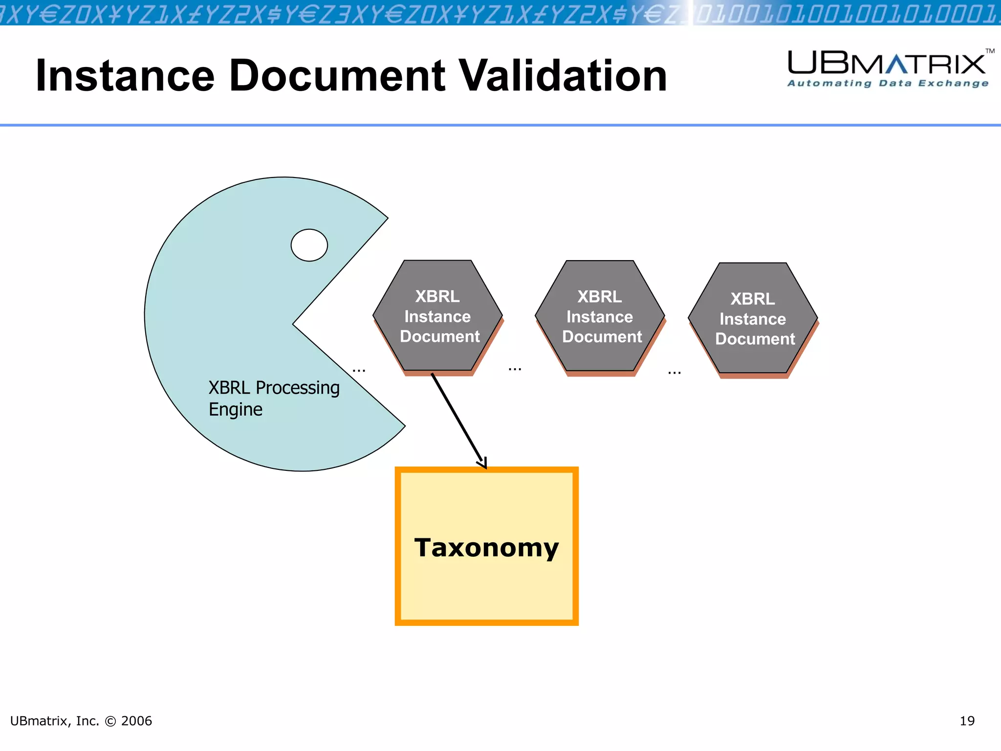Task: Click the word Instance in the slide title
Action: tap(125, 76)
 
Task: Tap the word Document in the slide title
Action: tap(337, 76)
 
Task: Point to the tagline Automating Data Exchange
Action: tap(888, 84)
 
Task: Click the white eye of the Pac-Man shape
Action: tap(309, 245)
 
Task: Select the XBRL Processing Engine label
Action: tap(274, 398)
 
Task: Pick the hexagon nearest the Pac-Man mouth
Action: tap(438, 316)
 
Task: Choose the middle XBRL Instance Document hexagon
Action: tap(600, 316)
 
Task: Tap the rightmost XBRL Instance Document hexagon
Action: tap(753, 318)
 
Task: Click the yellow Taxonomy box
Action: tap(486, 587)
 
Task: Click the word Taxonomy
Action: tap(486, 548)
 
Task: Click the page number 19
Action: tap(967, 721)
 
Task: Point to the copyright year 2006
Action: tap(136, 721)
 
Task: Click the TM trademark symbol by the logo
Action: tap(990, 51)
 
